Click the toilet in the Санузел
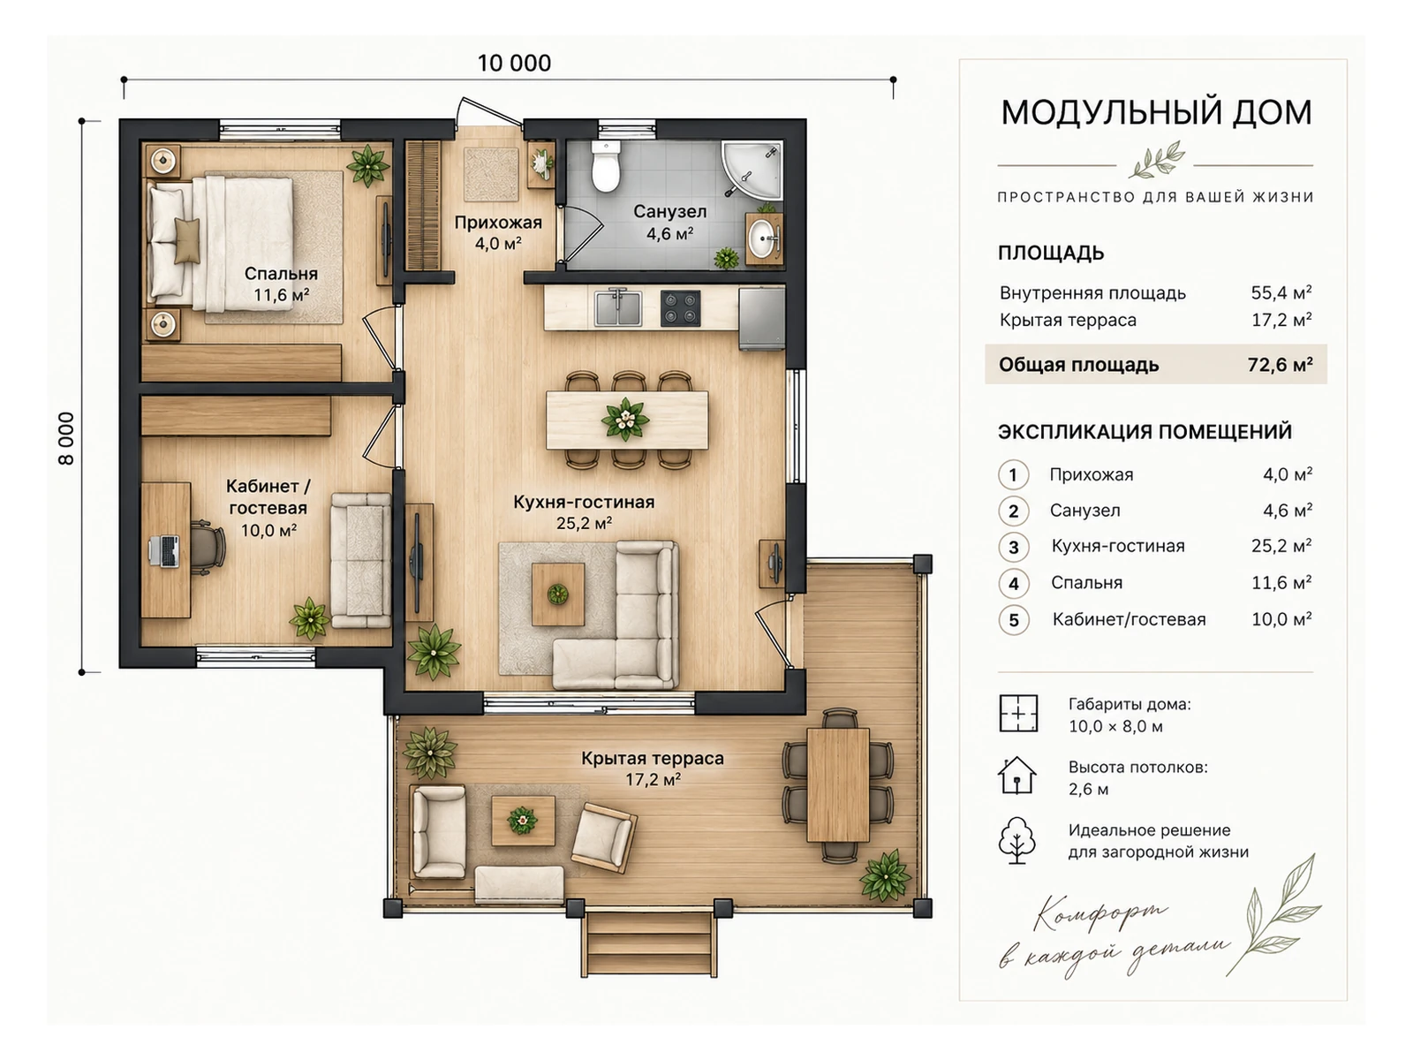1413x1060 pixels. (x=605, y=166)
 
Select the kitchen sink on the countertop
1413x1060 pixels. (x=618, y=308)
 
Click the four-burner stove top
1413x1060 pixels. (x=680, y=308)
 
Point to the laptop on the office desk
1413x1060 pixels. (x=164, y=551)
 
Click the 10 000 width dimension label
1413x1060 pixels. (x=514, y=63)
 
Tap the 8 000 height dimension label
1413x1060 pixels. (x=66, y=438)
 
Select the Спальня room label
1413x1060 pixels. (x=282, y=274)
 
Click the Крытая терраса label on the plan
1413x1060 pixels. (x=652, y=758)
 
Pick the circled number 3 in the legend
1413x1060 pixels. (x=1013, y=547)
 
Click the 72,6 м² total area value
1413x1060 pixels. (x=1280, y=365)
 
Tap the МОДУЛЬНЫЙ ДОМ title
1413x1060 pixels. (x=1156, y=113)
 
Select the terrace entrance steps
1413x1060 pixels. (x=650, y=943)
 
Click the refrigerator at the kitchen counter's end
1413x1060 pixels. (x=761, y=318)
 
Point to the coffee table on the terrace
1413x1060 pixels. (x=523, y=821)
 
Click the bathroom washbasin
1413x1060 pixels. (x=764, y=239)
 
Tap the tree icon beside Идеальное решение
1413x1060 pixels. (x=1016, y=840)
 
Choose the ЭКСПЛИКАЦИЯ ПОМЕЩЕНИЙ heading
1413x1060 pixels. (x=1145, y=432)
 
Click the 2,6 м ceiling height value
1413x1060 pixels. (x=1089, y=789)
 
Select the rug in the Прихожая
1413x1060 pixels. (x=491, y=174)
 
